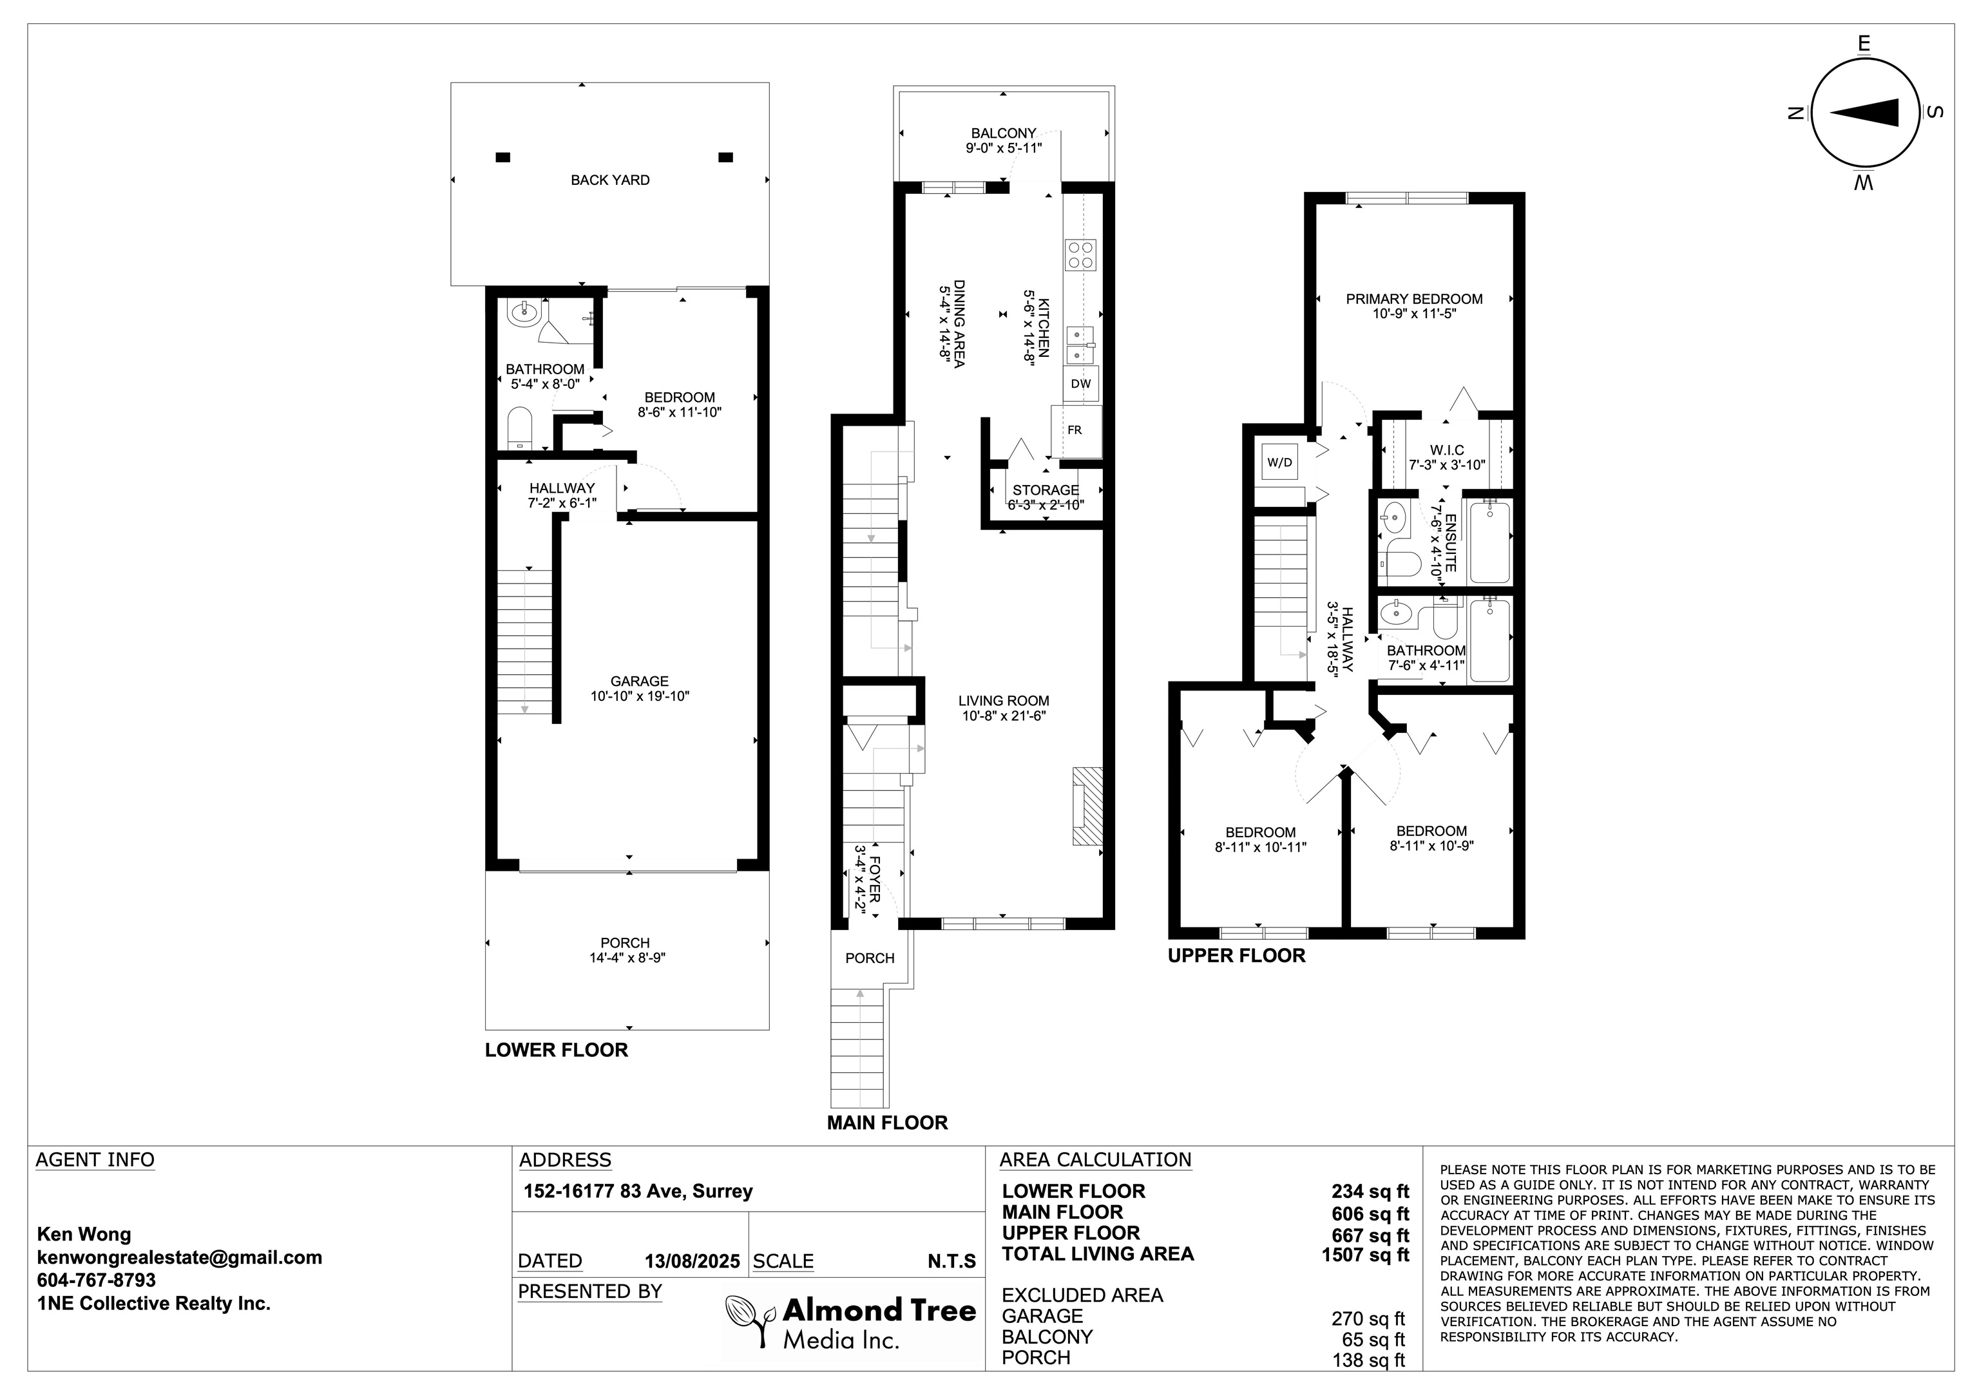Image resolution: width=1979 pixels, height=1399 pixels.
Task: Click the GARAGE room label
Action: [x=640, y=681]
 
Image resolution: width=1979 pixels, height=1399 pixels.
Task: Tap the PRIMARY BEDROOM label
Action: [x=1415, y=299]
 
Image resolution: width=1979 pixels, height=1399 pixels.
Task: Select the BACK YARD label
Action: [x=610, y=180]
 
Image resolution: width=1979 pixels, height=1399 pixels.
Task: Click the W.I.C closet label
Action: [x=1447, y=451]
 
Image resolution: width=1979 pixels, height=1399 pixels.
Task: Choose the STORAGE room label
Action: [x=1046, y=490]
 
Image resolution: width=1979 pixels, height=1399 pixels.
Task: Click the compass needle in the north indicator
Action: [x=1864, y=113]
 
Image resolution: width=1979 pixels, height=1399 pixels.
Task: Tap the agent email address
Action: [x=179, y=1258]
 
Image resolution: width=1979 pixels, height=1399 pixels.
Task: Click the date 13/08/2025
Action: [x=692, y=1262]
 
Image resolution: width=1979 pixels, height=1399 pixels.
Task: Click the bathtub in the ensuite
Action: [x=1489, y=542]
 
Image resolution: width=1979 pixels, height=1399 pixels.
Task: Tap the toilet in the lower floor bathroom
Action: [x=521, y=428]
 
